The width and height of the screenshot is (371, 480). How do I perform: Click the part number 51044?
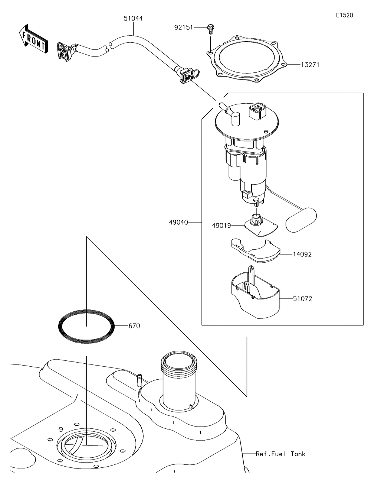point(133,18)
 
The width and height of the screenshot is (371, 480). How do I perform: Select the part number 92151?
point(184,27)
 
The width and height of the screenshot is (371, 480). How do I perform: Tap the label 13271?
point(310,65)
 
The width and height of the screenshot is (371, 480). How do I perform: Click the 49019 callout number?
point(221,225)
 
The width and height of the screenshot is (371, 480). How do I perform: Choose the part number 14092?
point(302,254)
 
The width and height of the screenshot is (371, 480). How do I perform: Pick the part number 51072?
point(302,298)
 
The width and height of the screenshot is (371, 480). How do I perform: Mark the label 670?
point(134,326)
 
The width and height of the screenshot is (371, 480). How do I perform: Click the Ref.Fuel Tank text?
point(280,454)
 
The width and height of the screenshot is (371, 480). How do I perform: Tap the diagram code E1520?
point(344,15)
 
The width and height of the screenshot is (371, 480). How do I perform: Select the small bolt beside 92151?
point(210,29)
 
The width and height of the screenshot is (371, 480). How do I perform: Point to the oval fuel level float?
point(301,219)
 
